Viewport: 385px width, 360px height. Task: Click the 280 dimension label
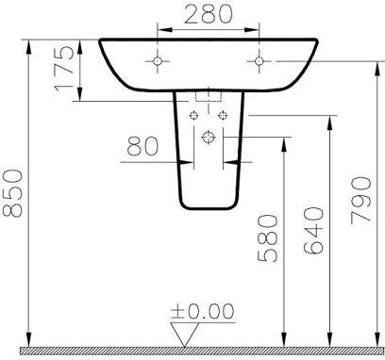click(x=209, y=14)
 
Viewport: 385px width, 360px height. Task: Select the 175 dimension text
click(x=64, y=69)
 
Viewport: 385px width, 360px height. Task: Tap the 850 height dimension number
click(x=12, y=193)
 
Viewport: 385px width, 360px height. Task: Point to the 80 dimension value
click(x=142, y=146)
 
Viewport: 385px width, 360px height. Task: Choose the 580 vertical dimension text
click(x=268, y=238)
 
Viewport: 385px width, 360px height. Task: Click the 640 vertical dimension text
click(x=313, y=230)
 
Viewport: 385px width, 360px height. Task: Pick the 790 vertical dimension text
click(x=360, y=201)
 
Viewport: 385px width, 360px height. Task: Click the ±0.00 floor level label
click(x=203, y=311)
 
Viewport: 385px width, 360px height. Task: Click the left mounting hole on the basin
click(x=158, y=61)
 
